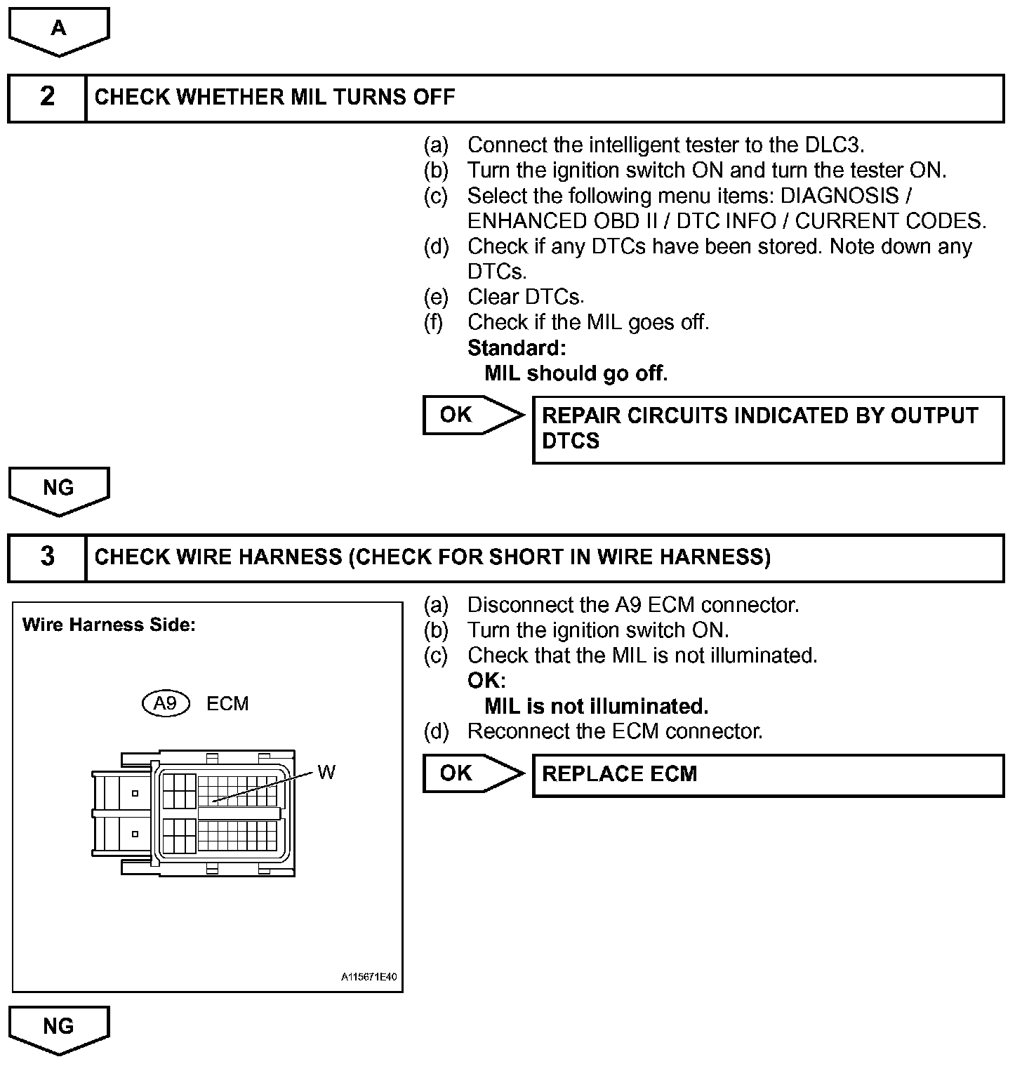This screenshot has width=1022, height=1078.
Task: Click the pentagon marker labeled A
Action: click(x=58, y=29)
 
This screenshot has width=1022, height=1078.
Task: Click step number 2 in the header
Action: click(x=47, y=96)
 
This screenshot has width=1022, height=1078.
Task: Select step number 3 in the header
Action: click(x=47, y=557)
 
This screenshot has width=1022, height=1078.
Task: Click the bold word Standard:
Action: click(x=517, y=348)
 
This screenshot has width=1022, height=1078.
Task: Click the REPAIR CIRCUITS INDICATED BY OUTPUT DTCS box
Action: click(x=768, y=429)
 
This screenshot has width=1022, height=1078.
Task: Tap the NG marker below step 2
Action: click(x=58, y=489)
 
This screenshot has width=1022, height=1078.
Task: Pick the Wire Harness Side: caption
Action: click(x=109, y=625)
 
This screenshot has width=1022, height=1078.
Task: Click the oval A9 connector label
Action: click(x=166, y=704)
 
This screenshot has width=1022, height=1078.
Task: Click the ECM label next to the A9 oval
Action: click(x=227, y=704)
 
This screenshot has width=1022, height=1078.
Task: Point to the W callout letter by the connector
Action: click(x=326, y=773)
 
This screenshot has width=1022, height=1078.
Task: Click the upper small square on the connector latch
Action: click(x=135, y=794)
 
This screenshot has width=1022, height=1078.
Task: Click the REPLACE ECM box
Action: click(x=768, y=775)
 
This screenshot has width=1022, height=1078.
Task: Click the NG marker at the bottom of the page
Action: click(x=58, y=1027)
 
